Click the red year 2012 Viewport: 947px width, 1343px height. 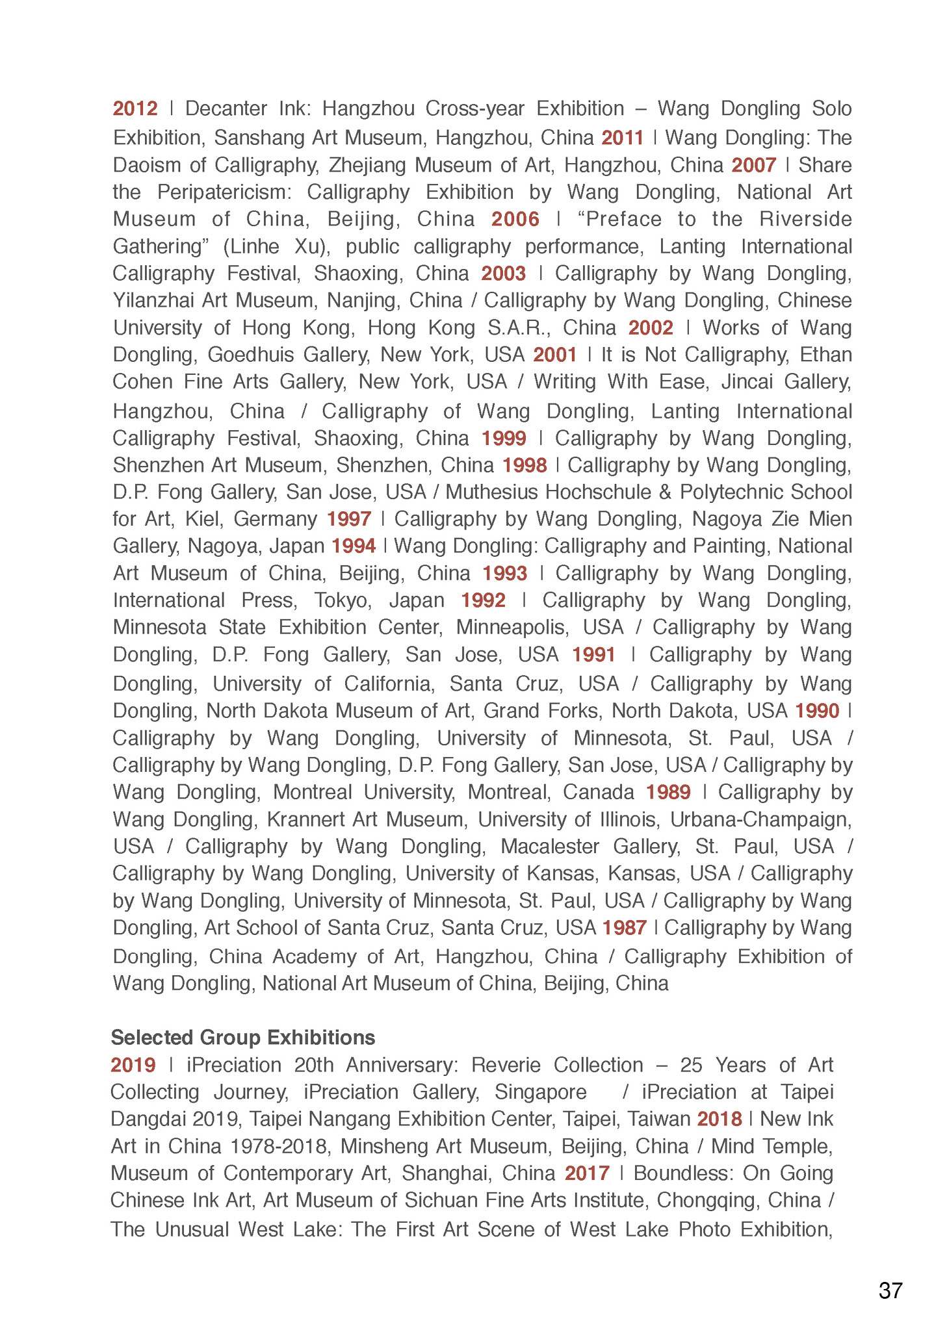click(x=135, y=109)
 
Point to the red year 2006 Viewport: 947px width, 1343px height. click(x=515, y=220)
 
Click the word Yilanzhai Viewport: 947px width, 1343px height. click(x=153, y=301)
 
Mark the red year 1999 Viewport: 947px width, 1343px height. click(x=504, y=439)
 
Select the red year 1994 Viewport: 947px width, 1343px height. click(x=354, y=546)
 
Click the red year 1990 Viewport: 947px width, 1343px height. click(x=817, y=711)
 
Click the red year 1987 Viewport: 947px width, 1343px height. click(x=624, y=928)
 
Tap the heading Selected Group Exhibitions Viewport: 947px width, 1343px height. click(x=243, y=1038)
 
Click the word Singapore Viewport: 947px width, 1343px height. click(x=540, y=1092)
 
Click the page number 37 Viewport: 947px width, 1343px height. click(x=890, y=1290)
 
